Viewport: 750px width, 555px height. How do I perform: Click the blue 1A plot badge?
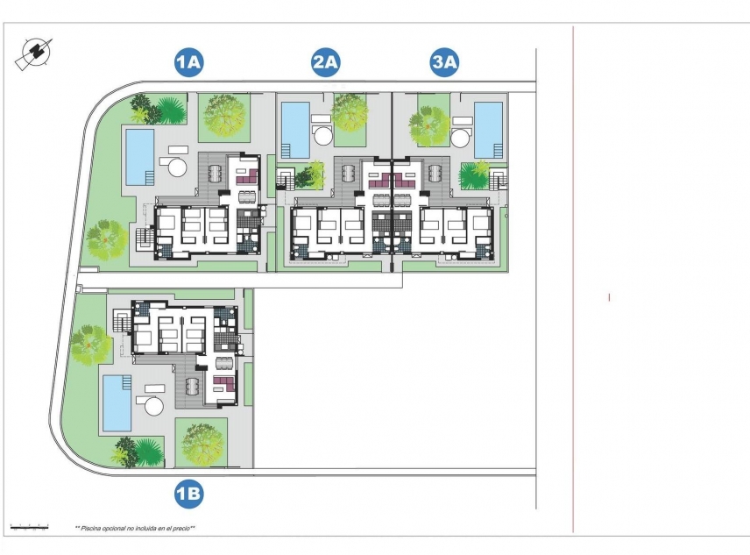(x=189, y=62)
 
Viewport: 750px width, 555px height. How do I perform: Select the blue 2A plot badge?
(x=326, y=62)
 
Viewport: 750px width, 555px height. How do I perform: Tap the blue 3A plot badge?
(x=445, y=62)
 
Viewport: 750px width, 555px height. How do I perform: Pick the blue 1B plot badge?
(x=189, y=495)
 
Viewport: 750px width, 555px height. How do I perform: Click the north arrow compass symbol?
(x=33, y=54)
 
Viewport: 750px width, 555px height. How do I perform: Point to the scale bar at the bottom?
(x=28, y=527)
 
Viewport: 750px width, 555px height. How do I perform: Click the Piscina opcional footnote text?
(x=135, y=529)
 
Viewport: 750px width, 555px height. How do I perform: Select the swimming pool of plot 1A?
(x=140, y=157)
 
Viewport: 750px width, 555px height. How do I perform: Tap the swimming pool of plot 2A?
(x=296, y=130)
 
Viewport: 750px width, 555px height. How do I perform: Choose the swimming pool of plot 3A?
(x=488, y=130)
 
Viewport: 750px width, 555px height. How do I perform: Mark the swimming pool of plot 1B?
(x=117, y=403)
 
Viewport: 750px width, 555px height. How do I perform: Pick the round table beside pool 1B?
(x=154, y=406)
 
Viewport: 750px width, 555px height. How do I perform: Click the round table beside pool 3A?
(x=461, y=138)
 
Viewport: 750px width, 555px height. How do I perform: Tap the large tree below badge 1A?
(x=223, y=113)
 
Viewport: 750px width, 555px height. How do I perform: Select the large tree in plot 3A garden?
(x=429, y=125)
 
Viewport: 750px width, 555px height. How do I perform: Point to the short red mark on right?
(x=609, y=297)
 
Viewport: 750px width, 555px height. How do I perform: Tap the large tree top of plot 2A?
(x=350, y=110)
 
